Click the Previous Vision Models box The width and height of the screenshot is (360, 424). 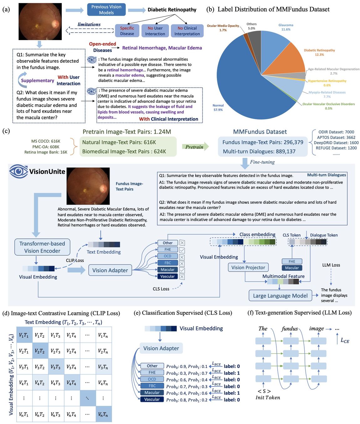coord(106,10)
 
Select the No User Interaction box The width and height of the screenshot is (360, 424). coord(155,31)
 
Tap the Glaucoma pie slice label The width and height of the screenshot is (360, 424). coord(285,27)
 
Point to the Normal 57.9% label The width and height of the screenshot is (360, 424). coord(218,108)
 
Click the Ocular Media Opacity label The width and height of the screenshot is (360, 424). coord(223,28)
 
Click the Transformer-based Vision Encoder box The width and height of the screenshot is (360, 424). coord(42,247)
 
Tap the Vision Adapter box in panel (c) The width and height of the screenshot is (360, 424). coord(110,270)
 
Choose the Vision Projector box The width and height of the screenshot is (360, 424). coord(248,268)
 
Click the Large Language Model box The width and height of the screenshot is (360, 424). coord(280,296)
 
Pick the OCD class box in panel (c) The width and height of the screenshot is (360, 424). coord(167,256)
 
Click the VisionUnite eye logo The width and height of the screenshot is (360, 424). coord(18,171)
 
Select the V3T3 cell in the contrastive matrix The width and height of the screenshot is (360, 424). coord(55,367)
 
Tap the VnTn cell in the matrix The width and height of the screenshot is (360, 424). coord(103,414)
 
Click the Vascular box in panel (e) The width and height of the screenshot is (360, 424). coord(152,399)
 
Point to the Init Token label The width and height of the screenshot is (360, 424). coord(268,398)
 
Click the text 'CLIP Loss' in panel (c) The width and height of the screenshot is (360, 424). coord(75,260)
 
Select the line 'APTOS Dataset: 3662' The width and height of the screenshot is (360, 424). coord(336,137)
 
